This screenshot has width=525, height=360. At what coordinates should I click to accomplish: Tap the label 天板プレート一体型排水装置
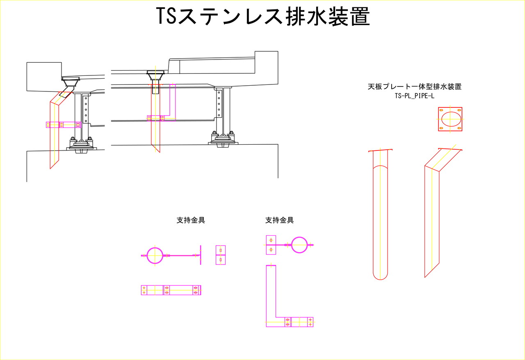pos(415,87)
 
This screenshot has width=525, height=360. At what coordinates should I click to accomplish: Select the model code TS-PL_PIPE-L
pos(414,96)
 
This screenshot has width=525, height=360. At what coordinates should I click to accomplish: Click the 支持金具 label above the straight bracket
pos(191,220)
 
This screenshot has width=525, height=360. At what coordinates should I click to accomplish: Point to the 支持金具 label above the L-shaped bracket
pos(279,220)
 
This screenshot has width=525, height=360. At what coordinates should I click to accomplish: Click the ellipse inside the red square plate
pos(450,119)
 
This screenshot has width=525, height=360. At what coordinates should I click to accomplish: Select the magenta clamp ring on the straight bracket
pos(155,255)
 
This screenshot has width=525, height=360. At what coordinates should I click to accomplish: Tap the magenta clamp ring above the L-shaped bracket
pos(299,245)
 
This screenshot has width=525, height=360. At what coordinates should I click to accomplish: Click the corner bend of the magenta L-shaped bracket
pos(271,321)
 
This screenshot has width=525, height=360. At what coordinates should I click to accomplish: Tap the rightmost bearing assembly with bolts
pos(222,139)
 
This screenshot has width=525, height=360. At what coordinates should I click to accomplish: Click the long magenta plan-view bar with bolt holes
pos(171,290)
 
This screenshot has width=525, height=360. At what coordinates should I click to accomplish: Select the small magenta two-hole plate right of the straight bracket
pos(221,255)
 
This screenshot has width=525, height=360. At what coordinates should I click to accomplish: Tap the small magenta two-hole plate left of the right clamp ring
pos(271,244)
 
